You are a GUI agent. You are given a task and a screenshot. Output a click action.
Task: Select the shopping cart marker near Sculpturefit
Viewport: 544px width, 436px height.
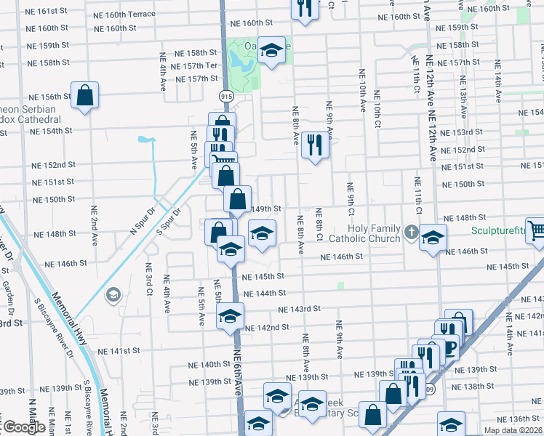tap(537, 232)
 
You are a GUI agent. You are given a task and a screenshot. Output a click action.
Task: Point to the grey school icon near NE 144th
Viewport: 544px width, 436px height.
tap(113, 295)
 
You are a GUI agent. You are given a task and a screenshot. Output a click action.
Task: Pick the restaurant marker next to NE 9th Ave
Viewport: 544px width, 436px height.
tap(316, 143)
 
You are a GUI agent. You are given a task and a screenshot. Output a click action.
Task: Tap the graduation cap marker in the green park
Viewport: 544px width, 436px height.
tap(271, 50)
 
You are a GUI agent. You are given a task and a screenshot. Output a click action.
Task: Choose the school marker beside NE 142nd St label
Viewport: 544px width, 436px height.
tap(231, 316)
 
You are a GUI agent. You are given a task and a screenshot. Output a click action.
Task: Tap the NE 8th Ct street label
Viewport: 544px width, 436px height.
tap(319, 225)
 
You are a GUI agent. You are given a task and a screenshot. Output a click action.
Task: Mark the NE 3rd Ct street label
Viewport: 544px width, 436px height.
tap(148, 279)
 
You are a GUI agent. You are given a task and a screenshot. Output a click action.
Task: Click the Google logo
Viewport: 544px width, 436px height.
tap(23, 427)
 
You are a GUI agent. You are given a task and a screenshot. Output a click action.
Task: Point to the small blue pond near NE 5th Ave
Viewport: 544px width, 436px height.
tap(146, 139)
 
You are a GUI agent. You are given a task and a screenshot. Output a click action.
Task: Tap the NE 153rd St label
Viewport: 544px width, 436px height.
tap(463, 132)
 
